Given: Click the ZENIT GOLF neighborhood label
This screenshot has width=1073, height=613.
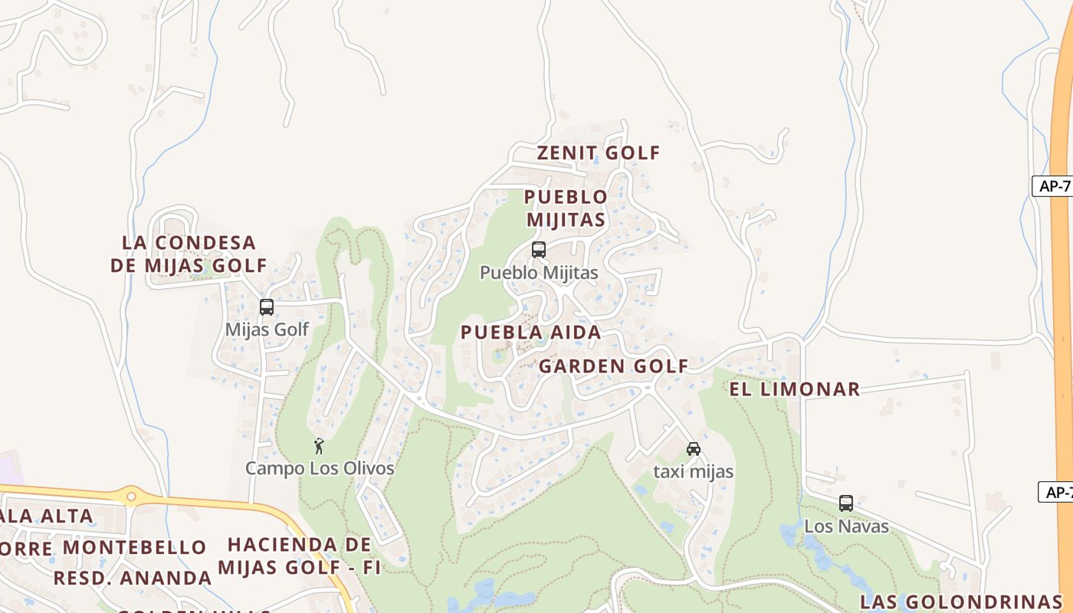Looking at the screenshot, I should point(598,152).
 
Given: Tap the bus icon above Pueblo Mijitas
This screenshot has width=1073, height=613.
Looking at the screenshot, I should point(539,250).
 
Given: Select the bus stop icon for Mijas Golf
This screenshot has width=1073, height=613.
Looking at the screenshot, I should point(267,307).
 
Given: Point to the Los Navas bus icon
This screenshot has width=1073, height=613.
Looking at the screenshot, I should point(846,503).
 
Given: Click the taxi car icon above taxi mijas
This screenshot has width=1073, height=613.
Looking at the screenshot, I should point(694,449).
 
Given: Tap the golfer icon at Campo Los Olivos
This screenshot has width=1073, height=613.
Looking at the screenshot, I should point(320,446).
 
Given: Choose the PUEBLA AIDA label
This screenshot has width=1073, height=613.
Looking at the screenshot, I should point(530,333).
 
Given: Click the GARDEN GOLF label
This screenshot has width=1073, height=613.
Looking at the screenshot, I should point(613,366).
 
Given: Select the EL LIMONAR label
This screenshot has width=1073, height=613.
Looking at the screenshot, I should point(794,389).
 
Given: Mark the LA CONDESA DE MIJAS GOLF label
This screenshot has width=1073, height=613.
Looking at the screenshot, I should point(189,254).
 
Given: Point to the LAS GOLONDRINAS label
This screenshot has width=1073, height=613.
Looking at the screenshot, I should point(960,602).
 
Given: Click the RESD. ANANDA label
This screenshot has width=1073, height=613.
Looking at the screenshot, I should point(132,578).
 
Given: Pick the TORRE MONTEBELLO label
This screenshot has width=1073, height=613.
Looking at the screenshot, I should point(103,548).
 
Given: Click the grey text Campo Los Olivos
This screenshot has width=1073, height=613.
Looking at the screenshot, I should point(320,468).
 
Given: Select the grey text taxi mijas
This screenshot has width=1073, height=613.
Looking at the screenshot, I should point(693,472).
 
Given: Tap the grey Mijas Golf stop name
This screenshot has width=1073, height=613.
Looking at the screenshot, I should point(267,329).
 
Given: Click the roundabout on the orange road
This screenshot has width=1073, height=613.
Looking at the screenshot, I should point(131,497).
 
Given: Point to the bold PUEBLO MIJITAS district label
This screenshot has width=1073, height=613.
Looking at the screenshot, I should point(566,208).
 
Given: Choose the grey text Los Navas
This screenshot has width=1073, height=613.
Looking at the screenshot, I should point(846,526).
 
